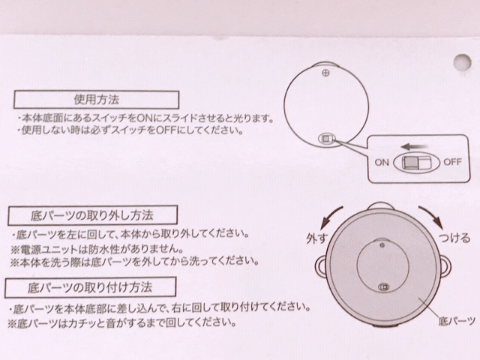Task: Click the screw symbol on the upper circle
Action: pos(325,73)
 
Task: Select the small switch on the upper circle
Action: pos(327,138)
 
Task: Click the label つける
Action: pos(455,239)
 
